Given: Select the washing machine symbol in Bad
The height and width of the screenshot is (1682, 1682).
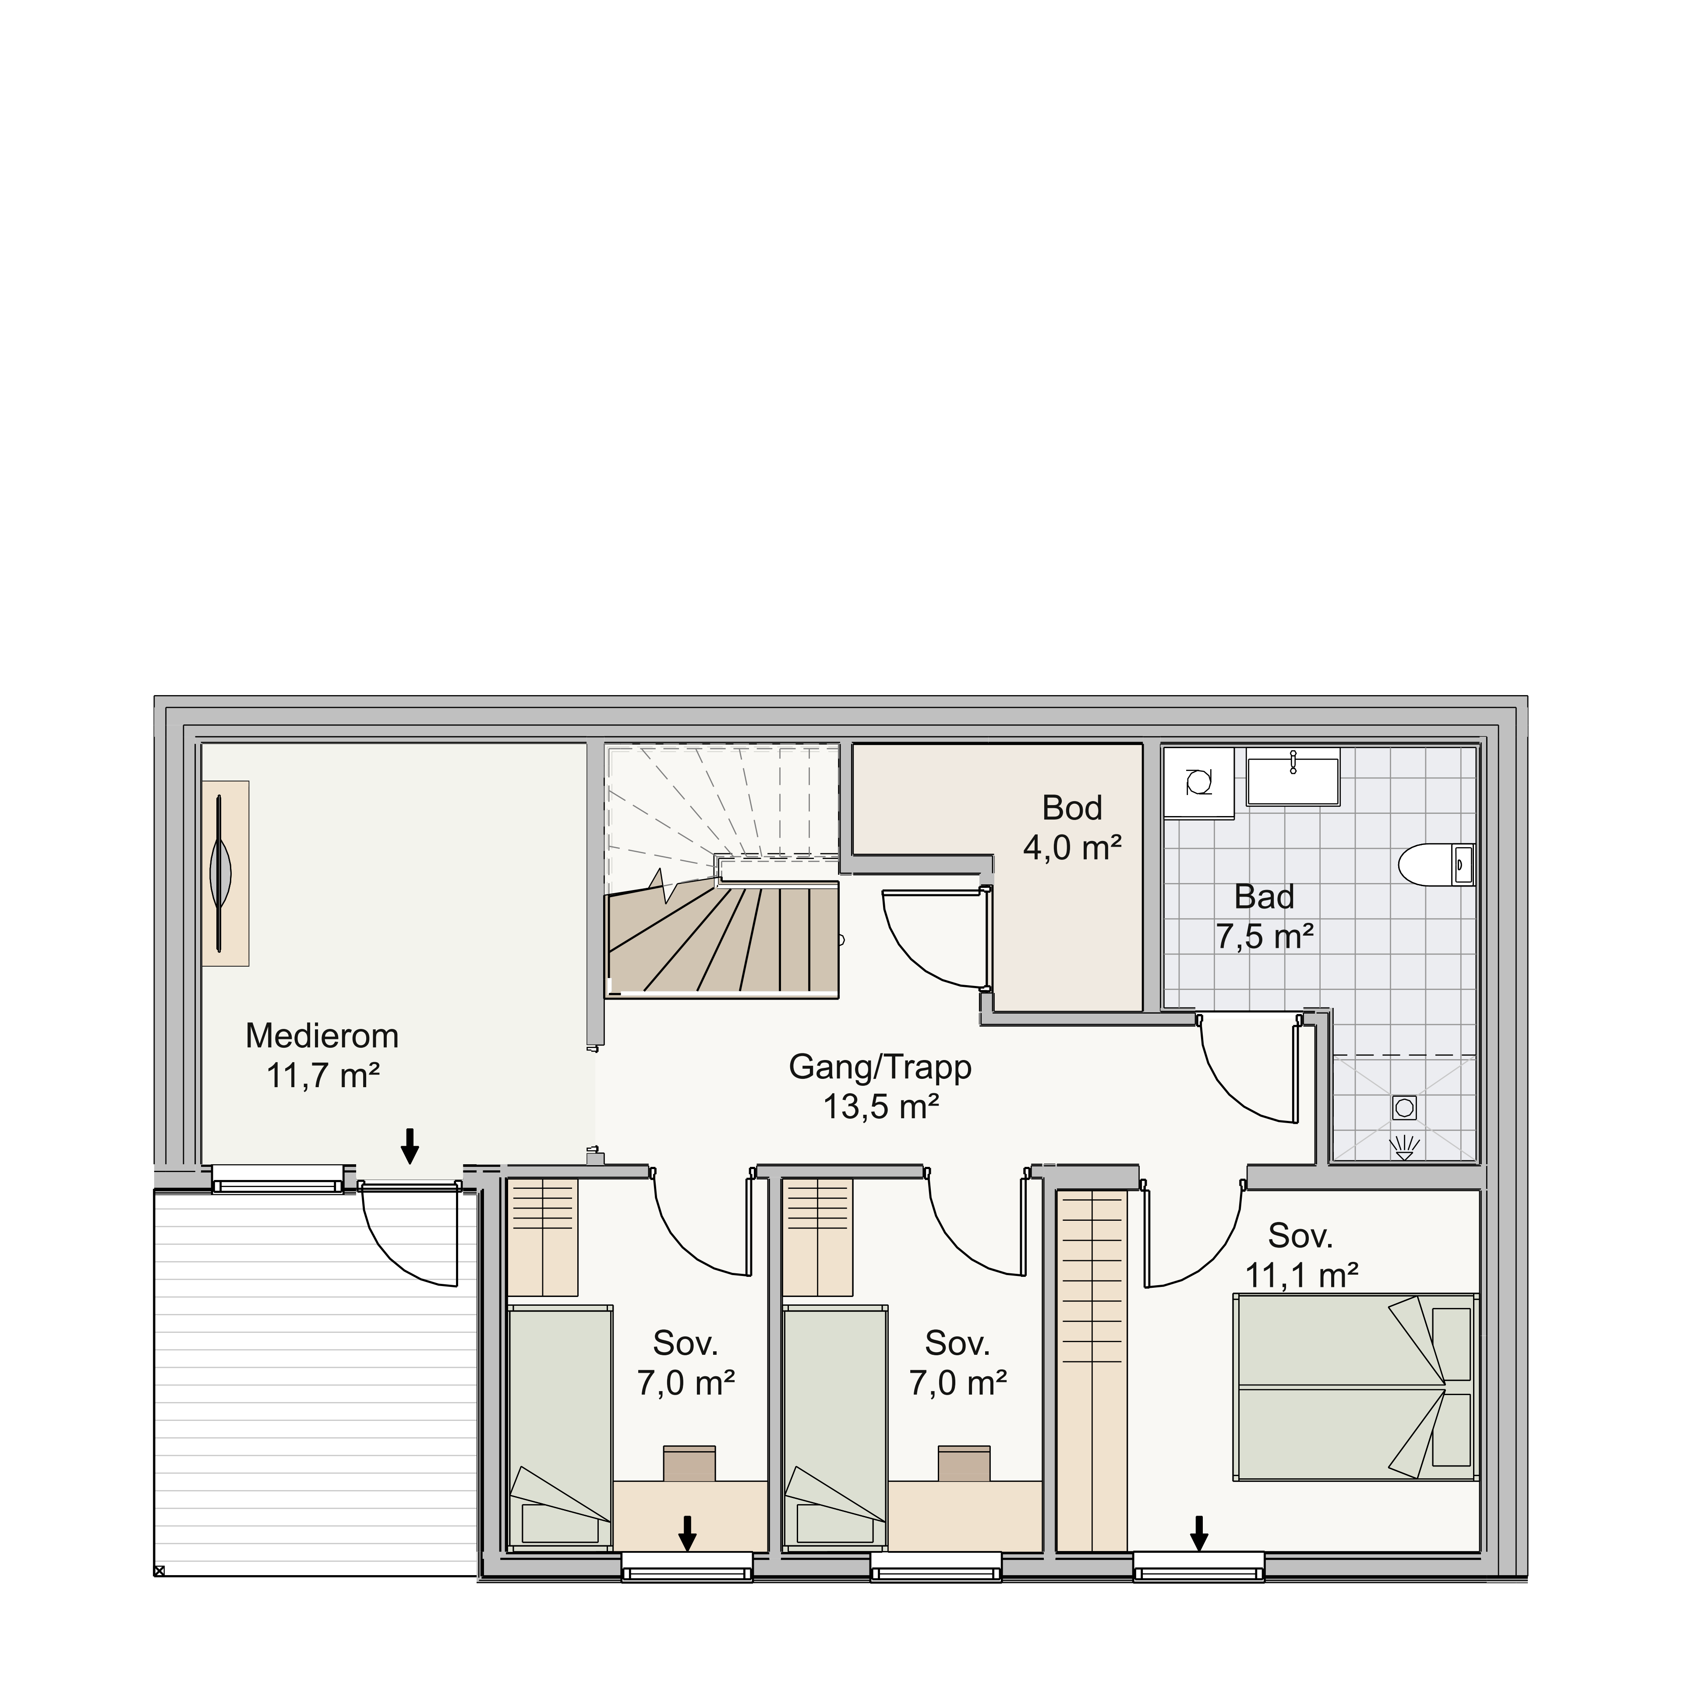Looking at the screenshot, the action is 1199,782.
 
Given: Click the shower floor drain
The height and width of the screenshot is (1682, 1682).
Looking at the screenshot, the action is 1404,1107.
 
